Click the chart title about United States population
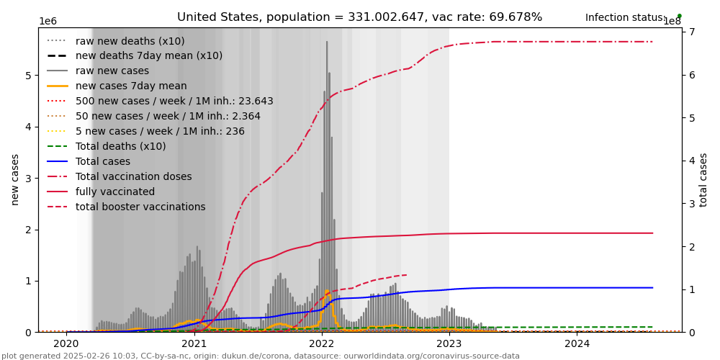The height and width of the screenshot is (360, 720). tap(359, 17)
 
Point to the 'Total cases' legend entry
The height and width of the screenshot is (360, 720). tap(102, 162)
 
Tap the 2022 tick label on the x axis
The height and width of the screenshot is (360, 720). tap(322, 344)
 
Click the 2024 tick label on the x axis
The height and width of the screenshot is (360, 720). tap(577, 344)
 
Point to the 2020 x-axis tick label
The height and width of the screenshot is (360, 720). tap(67, 344)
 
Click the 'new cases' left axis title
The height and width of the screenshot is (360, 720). tap(15, 179)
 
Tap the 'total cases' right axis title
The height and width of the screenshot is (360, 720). tap(704, 179)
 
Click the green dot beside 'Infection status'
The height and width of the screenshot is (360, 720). tap(679, 16)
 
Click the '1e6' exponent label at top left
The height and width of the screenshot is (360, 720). tap(48, 22)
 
